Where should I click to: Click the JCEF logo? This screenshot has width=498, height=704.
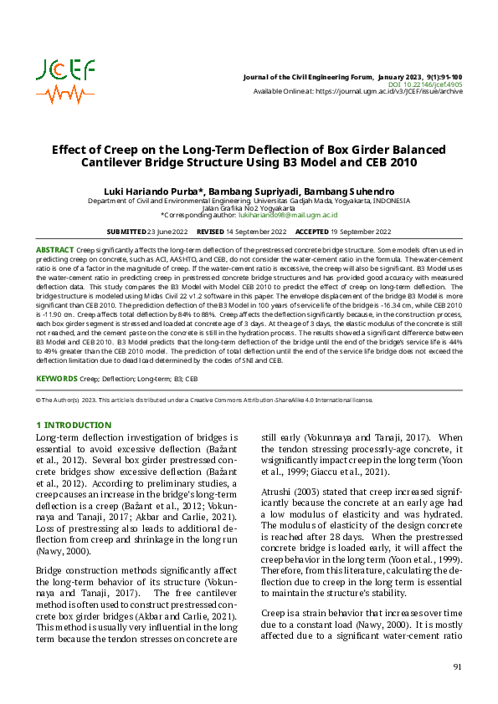[66, 80]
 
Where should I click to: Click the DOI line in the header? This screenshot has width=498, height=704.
[425, 84]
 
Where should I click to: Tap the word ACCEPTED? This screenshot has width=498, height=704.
[312, 231]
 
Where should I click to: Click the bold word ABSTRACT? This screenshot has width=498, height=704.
[54, 250]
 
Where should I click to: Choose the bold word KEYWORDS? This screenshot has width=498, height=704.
[56, 379]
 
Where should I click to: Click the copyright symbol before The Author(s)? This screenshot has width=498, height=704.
[39, 400]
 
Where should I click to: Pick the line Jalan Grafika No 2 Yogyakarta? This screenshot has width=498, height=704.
[249, 208]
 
